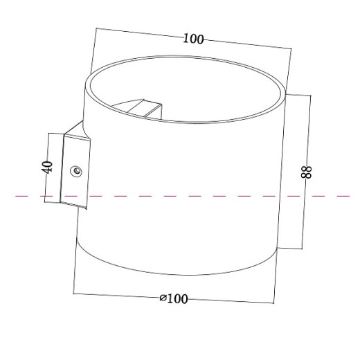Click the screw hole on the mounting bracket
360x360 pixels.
[x=76, y=170]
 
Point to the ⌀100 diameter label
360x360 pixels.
[x=174, y=298]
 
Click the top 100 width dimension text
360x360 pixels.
[x=193, y=39]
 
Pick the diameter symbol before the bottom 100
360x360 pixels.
[x=163, y=298]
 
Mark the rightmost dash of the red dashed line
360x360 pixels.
[x=343, y=197]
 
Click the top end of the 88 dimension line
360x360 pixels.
[x=309, y=95]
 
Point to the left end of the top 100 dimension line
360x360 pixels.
[x=96, y=28]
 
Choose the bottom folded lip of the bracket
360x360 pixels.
[x=73, y=206]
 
